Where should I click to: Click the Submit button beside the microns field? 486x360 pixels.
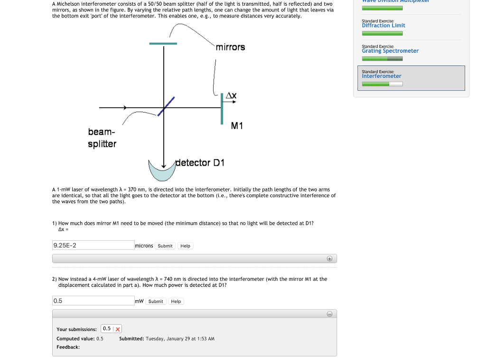click(x=165, y=246)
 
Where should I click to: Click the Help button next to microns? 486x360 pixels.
click(x=185, y=246)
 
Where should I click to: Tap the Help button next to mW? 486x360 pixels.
click(x=176, y=302)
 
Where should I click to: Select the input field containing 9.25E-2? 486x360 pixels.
click(x=93, y=246)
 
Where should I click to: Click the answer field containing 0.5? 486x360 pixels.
click(x=93, y=301)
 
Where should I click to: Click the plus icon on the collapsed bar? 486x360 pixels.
click(x=329, y=259)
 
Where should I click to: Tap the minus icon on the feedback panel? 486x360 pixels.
click(x=329, y=314)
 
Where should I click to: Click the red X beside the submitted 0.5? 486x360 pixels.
click(x=117, y=329)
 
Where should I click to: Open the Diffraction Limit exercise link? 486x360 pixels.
click(x=383, y=26)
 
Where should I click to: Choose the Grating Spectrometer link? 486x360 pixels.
click(x=390, y=51)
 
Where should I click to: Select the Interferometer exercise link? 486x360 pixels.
click(x=382, y=76)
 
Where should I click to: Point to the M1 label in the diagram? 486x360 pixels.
click(x=237, y=126)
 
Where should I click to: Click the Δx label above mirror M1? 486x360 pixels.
click(x=231, y=95)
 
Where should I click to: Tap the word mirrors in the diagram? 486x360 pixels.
click(x=230, y=47)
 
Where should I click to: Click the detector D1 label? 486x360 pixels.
click(x=200, y=163)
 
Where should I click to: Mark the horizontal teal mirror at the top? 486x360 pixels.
click(x=163, y=44)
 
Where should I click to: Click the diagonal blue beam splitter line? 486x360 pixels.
click(x=166, y=106)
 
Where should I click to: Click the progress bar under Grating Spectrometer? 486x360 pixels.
click(x=382, y=58)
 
